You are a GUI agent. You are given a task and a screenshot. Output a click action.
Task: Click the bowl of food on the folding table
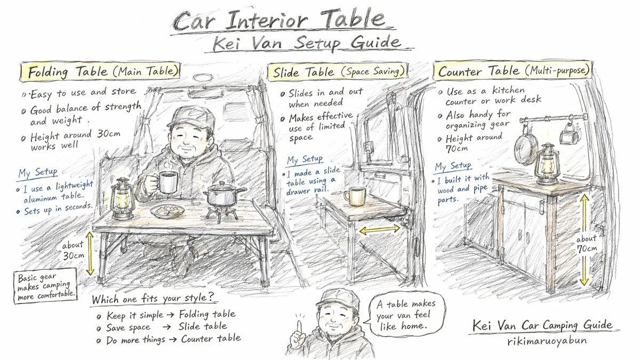pos(167,211)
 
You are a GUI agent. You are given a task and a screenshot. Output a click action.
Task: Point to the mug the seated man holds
pos(168,182)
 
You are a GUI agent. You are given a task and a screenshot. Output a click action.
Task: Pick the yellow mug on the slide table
pos(354,196)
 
